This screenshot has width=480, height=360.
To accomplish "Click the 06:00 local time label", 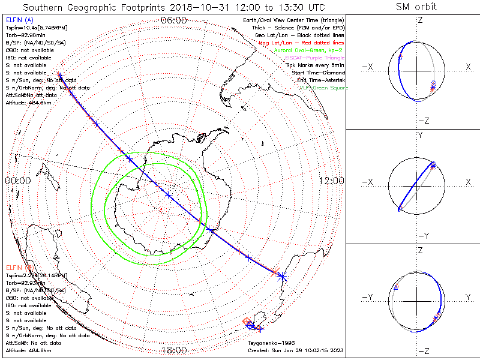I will coord(174,20).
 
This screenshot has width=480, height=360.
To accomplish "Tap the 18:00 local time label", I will coord(174,350).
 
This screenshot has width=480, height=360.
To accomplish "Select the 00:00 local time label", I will coord(17,181).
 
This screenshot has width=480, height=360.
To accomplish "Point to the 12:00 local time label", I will coord(331,181).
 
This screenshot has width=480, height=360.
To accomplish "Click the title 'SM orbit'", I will coord(416,7).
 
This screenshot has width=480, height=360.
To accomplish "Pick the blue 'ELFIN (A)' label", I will coord(19,20).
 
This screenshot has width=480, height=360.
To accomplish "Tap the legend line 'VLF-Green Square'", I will coord(323,88).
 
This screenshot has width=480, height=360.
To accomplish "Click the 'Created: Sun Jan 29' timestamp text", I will coord(295,350).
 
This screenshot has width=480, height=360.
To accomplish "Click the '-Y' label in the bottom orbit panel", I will coord(368,296).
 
